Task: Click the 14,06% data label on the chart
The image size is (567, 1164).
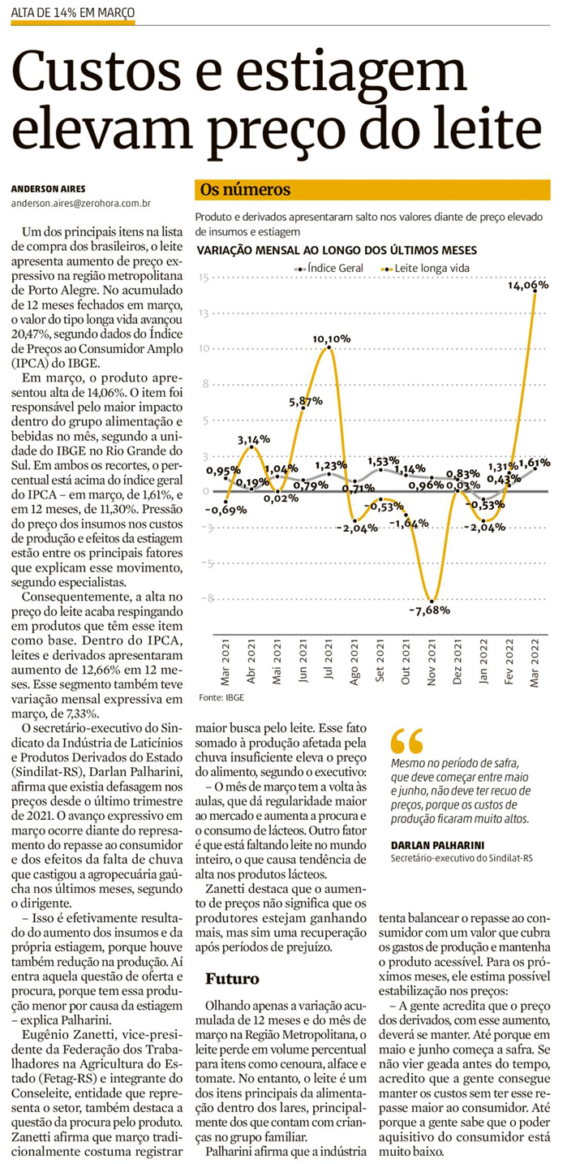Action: [x=528, y=285]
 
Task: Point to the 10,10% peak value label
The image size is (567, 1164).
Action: [x=333, y=338]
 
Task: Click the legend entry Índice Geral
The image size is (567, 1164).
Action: [x=335, y=267]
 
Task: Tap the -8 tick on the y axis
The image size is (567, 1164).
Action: [x=204, y=598]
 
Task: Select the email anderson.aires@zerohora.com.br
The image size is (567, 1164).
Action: [x=82, y=205]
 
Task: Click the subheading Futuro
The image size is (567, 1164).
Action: [x=232, y=977]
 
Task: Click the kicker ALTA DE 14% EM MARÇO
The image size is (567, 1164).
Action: [x=73, y=14]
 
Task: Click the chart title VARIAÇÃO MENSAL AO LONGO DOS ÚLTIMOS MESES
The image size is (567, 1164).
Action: [x=337, y=250]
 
